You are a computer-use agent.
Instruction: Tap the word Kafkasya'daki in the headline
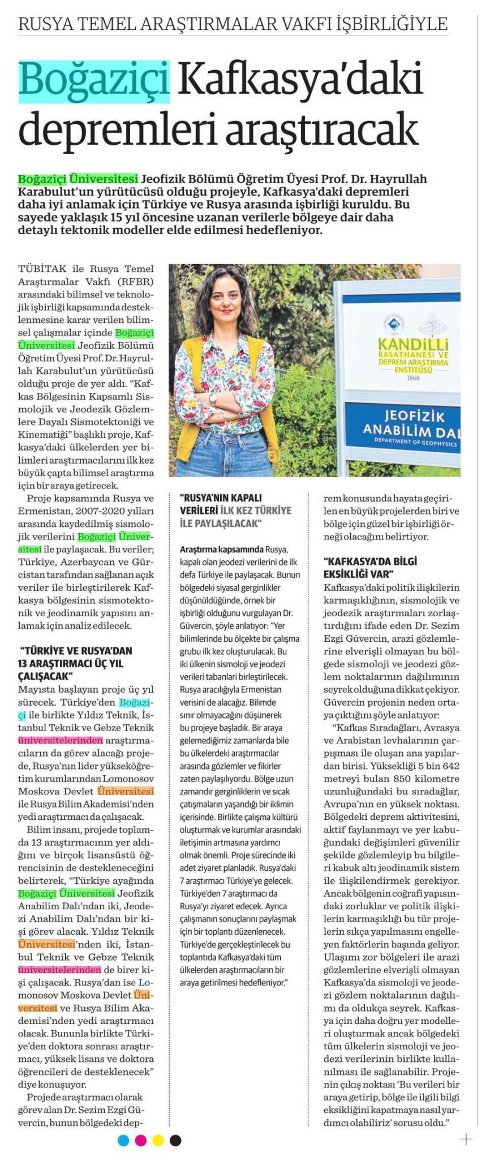[300, 80]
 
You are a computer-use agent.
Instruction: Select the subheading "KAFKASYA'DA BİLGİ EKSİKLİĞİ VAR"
[370, 567]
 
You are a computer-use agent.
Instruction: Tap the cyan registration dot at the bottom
[123, 1140]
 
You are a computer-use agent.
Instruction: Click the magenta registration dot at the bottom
[141, 1140]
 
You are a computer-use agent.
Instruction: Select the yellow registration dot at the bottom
[158, 1140]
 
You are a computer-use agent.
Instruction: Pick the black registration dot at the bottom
[176, 1140]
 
